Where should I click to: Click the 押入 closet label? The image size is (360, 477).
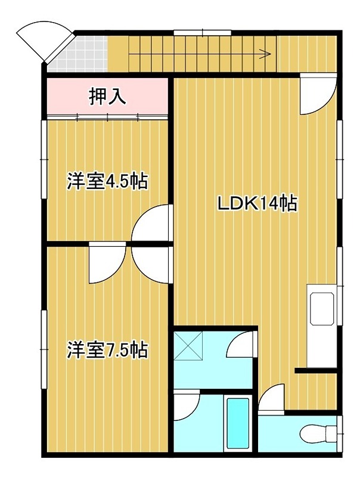[x=107, y=97]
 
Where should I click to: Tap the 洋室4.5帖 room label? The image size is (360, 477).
[x=107, y=181]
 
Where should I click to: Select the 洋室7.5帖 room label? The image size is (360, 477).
[x=107, y=349]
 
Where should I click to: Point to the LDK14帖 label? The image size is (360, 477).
[x=257, y=205]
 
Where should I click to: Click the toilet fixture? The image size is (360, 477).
[x=316, y=431]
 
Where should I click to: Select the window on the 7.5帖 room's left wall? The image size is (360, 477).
[x=44, y=349]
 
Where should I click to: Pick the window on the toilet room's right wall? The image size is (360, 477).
[x=340, y=430]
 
